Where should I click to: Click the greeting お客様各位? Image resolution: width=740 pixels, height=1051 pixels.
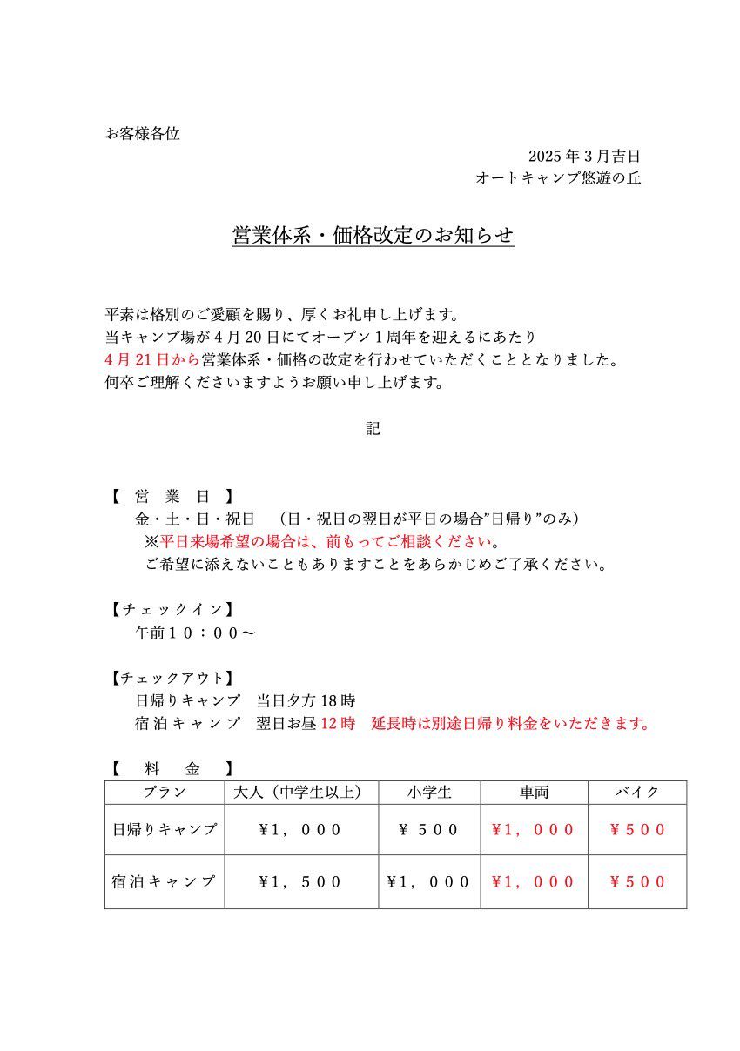coord(142,134)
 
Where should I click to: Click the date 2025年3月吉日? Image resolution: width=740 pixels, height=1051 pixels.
coord(584,157)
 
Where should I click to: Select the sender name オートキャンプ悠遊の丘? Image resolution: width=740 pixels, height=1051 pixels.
coord(558,178)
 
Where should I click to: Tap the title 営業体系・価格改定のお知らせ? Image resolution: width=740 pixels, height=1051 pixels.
coord(373,236)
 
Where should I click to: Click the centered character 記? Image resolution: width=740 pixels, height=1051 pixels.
coord(373,428)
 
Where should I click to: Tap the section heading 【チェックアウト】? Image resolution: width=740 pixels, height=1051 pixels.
coord(172,678)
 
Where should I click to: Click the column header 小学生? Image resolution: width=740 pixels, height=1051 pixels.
coord(429,793)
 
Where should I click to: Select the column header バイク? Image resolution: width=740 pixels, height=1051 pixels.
coord(637,793)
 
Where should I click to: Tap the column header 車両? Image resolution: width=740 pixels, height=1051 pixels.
coord(534,793)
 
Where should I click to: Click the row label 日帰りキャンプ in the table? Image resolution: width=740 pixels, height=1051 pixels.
coord(165,829)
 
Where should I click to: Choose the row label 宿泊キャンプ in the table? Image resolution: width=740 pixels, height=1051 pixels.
coord(165,881)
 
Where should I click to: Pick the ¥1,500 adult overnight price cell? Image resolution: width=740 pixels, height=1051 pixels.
coord(301,881)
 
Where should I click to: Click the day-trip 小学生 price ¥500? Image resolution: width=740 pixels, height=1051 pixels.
coord(429,829)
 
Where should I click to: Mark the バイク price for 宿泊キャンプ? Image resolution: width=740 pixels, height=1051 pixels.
coord(637,881)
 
